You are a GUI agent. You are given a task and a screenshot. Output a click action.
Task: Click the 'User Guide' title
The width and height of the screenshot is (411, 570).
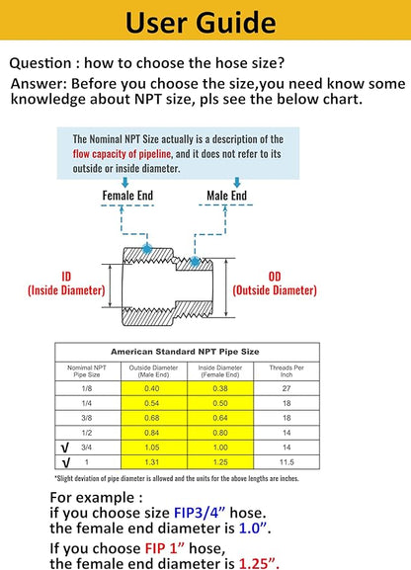(201, 22)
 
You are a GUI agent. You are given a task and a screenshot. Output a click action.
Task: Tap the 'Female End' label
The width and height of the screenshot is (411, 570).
(127, 196)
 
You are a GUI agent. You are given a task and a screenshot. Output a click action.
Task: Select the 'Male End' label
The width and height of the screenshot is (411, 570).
(226, 196)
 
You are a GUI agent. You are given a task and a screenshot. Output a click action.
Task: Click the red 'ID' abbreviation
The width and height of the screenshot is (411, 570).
(66, 277)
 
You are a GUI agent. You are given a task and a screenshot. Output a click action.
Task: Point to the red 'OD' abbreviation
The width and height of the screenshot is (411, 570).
(275, 277)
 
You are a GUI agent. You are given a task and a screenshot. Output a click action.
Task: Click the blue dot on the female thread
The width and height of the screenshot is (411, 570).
(147, 248)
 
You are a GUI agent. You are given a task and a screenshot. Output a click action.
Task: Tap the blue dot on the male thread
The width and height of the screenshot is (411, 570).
(195, 261)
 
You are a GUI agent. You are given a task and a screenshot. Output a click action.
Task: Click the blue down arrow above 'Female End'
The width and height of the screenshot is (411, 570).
(125, 182)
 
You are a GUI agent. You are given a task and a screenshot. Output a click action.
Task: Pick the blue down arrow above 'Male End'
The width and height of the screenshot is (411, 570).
(237, 182)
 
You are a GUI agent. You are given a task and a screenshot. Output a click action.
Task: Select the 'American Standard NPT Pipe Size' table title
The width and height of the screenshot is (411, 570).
(185, 352)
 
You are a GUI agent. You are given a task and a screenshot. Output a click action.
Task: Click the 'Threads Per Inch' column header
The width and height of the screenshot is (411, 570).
(287, 370)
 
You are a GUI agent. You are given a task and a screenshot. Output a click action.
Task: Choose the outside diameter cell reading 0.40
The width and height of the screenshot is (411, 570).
(152, 388)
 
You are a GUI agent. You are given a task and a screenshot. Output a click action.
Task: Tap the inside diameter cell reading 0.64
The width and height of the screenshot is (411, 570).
(220, 418)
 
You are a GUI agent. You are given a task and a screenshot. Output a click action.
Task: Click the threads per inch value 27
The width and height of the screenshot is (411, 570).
(287, 388)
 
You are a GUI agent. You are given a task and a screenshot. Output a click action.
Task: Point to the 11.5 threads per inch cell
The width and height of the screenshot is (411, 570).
(287, 462)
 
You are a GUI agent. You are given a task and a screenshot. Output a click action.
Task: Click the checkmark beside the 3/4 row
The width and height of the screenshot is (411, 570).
(65, 448)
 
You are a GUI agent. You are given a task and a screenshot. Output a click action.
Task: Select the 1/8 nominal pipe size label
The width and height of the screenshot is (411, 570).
(87, 388)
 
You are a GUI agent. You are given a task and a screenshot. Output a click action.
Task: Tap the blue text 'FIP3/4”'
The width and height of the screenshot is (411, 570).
(200, 513)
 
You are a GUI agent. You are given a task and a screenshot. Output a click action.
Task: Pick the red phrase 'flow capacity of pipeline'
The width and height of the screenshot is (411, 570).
(122, 154)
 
